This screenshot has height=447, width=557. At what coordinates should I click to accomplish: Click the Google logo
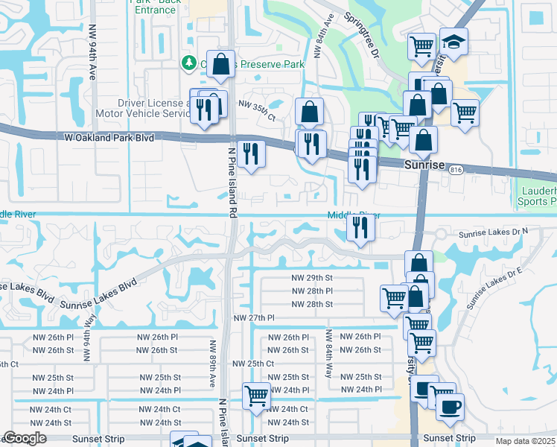(x=25, y=439)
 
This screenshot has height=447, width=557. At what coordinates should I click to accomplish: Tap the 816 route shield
(x=455, y=171)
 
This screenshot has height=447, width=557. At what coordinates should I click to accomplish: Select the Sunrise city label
(x=424, y=164)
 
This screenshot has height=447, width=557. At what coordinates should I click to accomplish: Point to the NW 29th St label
(x=311, y=277)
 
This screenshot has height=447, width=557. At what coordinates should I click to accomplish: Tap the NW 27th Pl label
(x=255, y=318)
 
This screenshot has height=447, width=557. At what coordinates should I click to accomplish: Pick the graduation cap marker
(x=453, y=42)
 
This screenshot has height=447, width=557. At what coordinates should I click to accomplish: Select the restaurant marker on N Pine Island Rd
(x=251, y=153)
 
